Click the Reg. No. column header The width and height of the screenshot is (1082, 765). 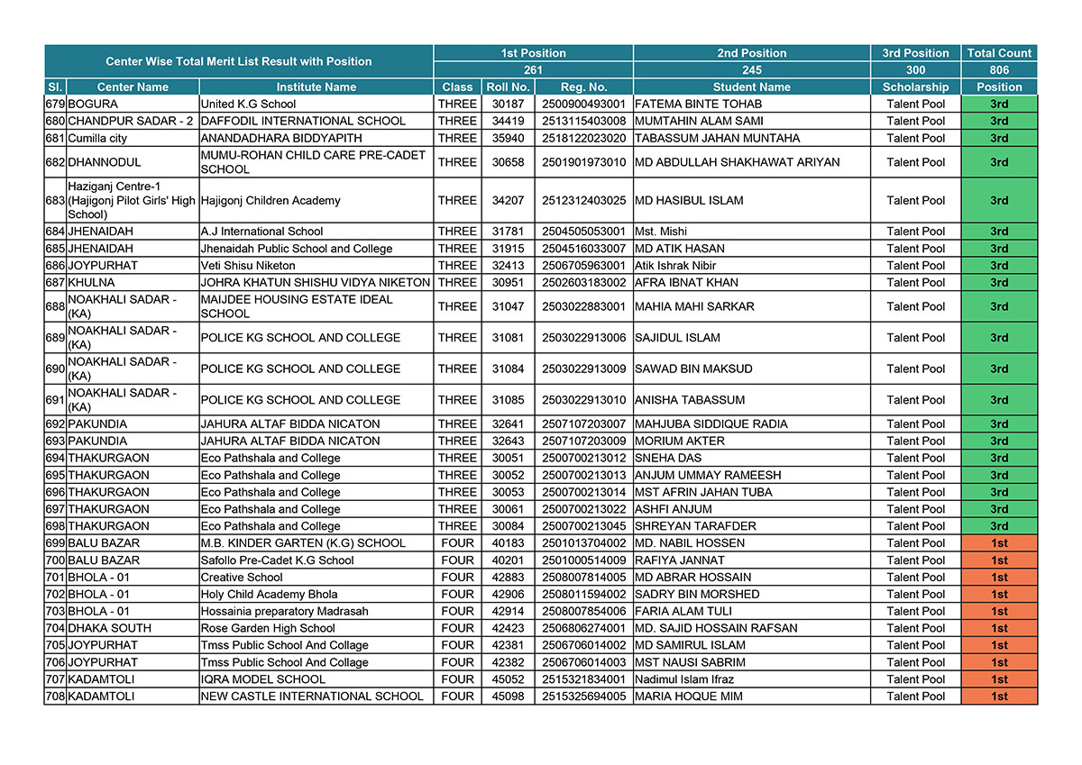(583, 87)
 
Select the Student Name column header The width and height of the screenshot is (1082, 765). (751, 87)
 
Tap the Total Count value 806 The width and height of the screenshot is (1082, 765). (999, 70)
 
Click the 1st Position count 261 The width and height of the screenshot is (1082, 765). (533, 70)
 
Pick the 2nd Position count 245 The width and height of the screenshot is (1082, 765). (751, 70)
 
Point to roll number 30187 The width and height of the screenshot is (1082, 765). (508, 105)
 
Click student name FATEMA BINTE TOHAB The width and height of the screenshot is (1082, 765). (698, 105)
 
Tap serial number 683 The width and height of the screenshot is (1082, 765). (55, 200)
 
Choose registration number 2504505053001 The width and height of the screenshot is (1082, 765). (583, 232)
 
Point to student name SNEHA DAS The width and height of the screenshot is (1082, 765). (668, 459)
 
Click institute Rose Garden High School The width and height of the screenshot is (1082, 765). (268, 629)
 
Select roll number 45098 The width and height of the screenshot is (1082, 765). (508, 697)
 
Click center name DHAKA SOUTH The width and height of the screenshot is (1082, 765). (109, 629)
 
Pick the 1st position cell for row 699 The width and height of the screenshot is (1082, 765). (999, 543)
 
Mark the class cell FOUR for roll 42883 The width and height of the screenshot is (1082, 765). (457, 578)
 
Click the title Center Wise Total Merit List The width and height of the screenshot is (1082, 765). (238, 62)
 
